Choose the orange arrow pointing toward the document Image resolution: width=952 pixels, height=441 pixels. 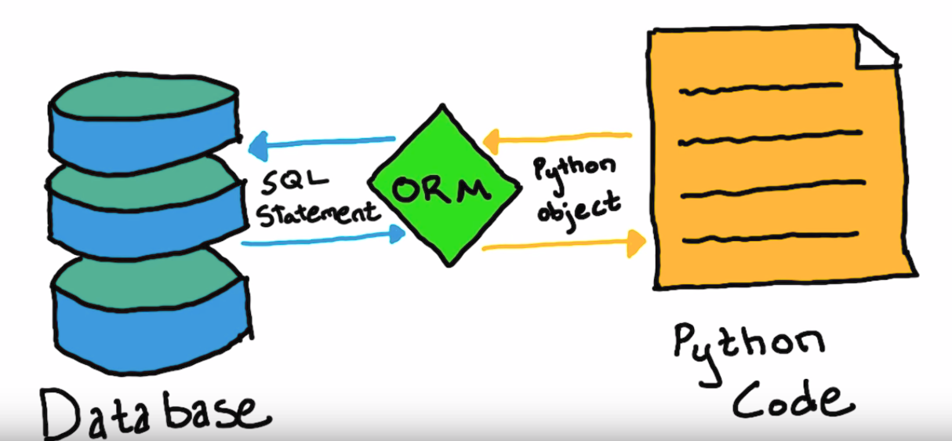561,245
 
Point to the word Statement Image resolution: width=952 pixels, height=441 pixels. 318,213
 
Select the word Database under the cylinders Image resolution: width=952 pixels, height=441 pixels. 149,409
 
